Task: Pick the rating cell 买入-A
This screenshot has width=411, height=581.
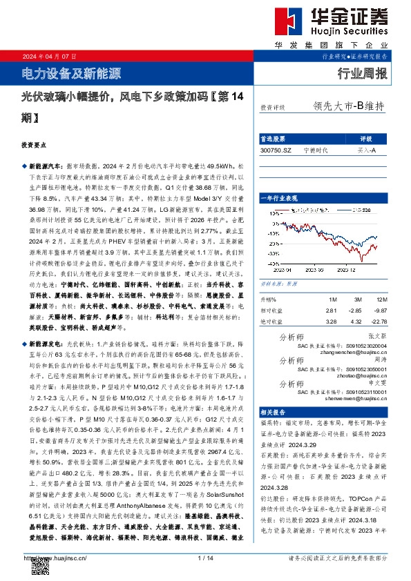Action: [366, 150]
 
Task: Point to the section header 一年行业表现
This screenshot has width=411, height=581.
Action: [278, 198]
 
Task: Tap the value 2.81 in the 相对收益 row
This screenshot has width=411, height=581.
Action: [331, 311]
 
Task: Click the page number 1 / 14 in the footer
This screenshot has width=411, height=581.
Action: [205, 558]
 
